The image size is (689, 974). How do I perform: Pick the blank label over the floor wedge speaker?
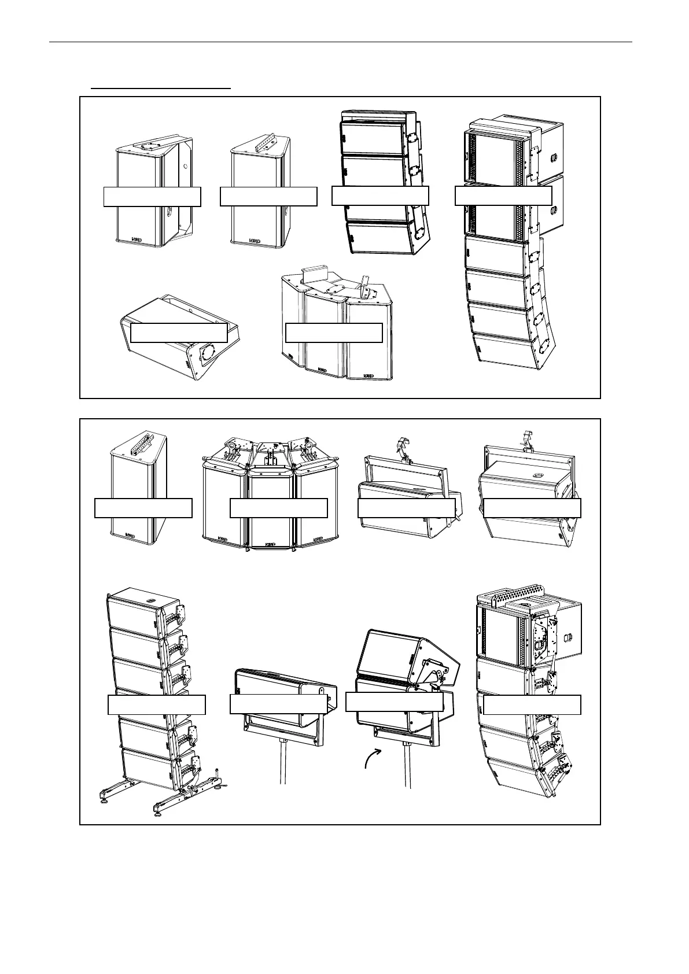point(179,333)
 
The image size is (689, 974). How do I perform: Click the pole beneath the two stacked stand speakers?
point(408,763)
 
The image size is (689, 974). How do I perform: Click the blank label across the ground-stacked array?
point(157,704)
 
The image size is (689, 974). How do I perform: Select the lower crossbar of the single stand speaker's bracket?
point(282,735)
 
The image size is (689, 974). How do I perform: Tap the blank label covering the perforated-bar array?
point(532,704)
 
